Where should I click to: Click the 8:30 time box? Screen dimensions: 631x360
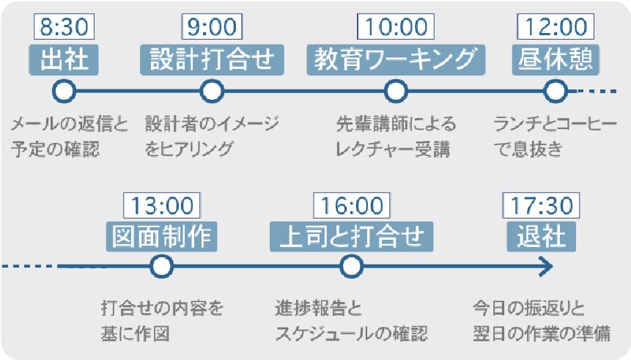click(x=64, y=26)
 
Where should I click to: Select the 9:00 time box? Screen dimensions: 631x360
click(x=212, y=26)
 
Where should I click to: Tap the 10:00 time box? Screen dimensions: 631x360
click(x=396, y=26)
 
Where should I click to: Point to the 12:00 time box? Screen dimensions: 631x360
click(x=556, y=26)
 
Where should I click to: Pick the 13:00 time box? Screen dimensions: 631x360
click(x=162, y=205)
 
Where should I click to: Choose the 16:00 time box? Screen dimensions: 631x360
click(x=352, y=205)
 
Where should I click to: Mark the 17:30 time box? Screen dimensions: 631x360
click(x=542, y=205)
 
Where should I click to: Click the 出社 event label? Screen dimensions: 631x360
click(x=64, y=59)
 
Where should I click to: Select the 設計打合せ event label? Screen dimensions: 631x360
click(x=212, y=59)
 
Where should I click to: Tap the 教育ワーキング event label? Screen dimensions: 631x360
click(x=396, y=59)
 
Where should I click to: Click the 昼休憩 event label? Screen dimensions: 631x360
click(x=556, y=59)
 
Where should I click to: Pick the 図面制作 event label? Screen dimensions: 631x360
click(x=162, y=236)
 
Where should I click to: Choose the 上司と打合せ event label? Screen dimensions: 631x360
click(x=351, y=236)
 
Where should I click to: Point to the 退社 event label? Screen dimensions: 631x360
click(x=542, y=236)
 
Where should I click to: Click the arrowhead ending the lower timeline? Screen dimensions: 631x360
click(x=547, y=266)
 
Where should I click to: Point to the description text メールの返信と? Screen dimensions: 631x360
click(x=69, y=124)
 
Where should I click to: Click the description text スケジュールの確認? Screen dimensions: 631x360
click(x=351, y=334)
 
